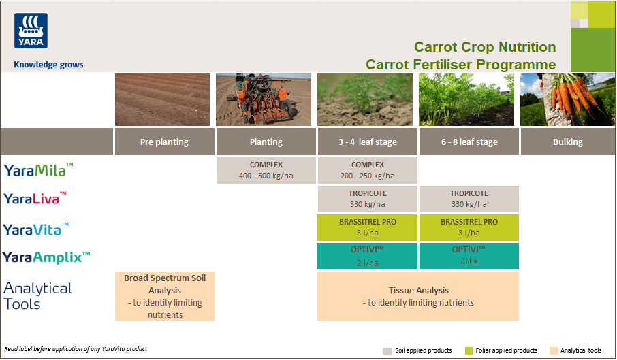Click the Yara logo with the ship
pos(30,31)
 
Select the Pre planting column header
pos(164,142)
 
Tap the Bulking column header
pos(567,142)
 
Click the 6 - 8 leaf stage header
pos(469,142)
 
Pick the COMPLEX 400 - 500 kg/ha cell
pos(266,170)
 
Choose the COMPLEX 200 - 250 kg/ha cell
pos(367,170)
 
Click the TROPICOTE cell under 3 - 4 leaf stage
pos(367,199)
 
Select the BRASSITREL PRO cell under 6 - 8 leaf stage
pos(469,227)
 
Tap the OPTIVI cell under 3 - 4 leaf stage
pos(367,256)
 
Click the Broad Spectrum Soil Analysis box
pos(164,296)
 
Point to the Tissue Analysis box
pos(417,296)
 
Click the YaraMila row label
pos(38,170)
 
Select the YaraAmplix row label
pos(46,257)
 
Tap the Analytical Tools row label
pos(37,296)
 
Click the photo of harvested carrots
pos(567,100)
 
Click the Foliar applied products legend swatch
pos(469,350)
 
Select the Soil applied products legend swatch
pos(387,350)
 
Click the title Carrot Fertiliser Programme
pos(460,65)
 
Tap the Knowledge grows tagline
pos(48,65)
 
